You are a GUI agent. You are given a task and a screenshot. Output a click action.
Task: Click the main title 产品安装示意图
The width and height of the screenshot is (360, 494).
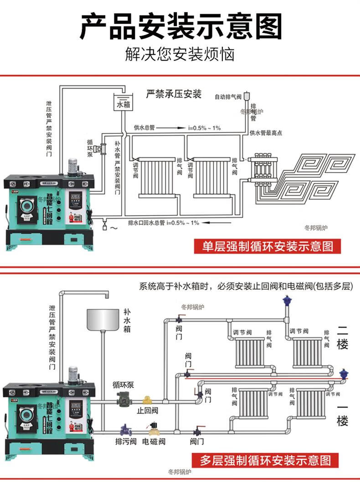(x=180, y=26)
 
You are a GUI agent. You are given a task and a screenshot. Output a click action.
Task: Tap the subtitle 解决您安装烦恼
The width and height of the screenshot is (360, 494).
(x=180, y=54)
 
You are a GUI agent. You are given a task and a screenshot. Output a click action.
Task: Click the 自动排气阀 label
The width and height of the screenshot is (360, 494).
(x=228, y=97)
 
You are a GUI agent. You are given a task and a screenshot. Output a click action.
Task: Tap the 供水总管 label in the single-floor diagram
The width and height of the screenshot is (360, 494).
(x=144, y=128)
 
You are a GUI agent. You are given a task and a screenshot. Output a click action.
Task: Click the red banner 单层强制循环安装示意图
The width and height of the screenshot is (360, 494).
(x=267, y=246)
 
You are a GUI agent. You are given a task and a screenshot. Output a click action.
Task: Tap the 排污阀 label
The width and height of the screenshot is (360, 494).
(x=126, y=442)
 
